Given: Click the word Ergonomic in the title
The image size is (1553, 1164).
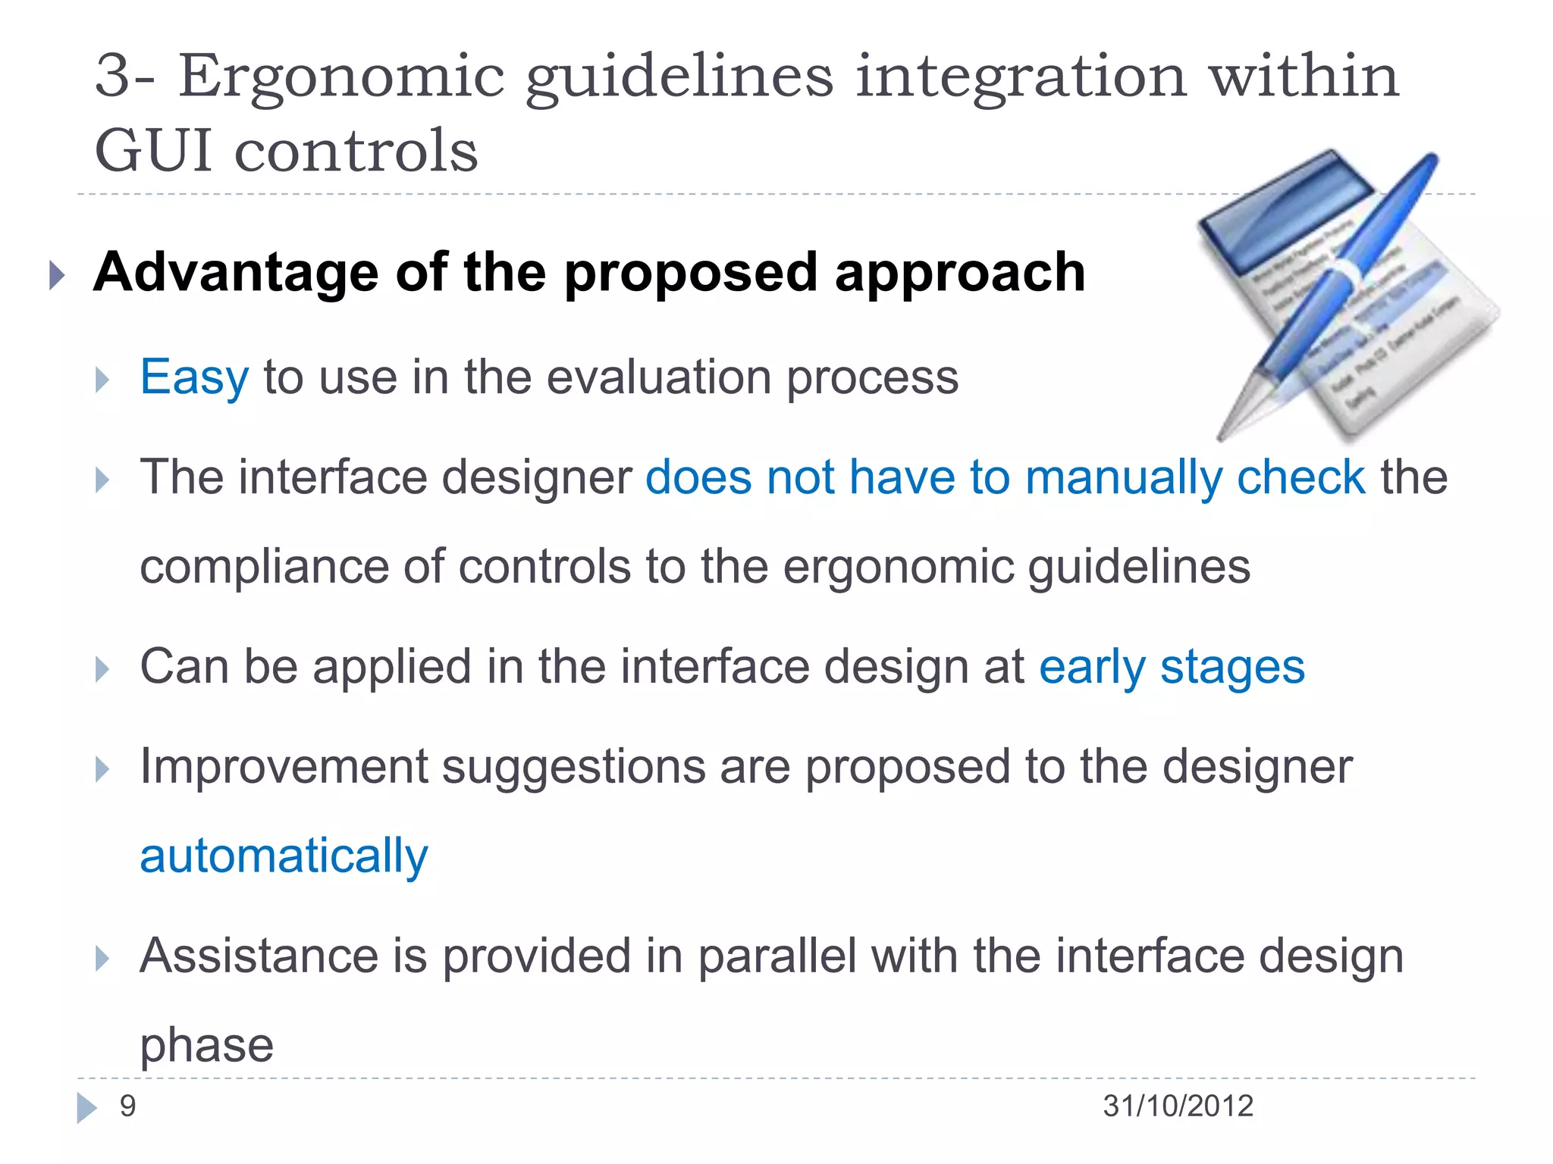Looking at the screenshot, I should click(341, 78).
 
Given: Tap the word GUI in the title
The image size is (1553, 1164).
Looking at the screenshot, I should click(153, 150).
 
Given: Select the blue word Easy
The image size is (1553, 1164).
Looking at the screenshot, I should click(194, 377).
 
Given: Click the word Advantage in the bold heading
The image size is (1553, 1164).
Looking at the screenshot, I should click(235, 272).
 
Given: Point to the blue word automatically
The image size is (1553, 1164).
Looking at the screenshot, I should click(284, 856).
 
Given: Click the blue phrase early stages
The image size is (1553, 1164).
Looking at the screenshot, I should click(1172, 668).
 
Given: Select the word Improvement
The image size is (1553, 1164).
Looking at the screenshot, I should click(284, 766).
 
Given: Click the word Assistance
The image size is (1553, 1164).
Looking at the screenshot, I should click(259, 956).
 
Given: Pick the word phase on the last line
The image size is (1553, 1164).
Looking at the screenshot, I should click(206, 1046).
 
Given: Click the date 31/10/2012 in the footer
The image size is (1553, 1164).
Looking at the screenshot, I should click(1178, 1106).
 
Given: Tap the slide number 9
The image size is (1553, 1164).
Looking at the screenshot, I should click(127, 1106).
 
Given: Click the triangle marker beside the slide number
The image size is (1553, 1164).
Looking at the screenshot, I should click(86, 1107).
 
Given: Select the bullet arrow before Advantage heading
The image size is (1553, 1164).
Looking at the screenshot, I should click(56, 274).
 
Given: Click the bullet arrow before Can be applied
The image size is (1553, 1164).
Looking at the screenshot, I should click(102, 669).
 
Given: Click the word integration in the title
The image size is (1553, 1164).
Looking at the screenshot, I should click(1021, 78).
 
